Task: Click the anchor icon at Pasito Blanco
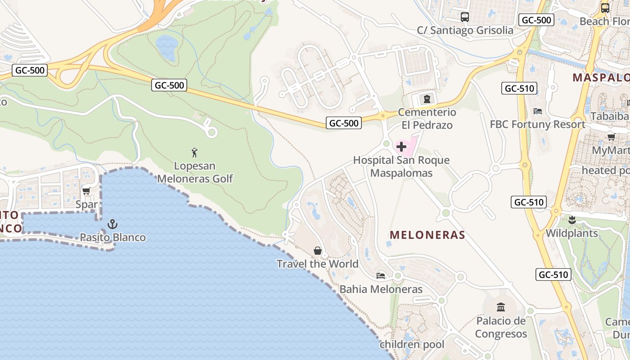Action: coord(112,224)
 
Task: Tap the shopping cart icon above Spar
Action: coord(86,191)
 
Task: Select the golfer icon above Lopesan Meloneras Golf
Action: coord(194,153)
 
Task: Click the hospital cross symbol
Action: coord(401,146)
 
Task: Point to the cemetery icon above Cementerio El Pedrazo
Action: coord(427,99)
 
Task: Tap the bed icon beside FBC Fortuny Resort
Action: coord(537,111)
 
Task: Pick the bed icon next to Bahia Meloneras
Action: coord(381,275)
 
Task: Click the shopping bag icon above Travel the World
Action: coord(318,250)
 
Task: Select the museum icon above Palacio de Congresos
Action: coord(501,307)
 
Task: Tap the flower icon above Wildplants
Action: coord(572,220)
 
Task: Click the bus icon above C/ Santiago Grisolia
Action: coord(465,17)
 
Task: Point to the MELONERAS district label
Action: coord(427,235)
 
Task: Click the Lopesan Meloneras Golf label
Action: coord(195,172)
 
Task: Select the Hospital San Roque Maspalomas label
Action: coord(401,166)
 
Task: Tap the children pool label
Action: coord(412,345)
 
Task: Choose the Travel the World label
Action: coord(318,264)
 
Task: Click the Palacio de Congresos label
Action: coord(501,328)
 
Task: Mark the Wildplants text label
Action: coord(571,233)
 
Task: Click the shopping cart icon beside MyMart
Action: coord(611,136)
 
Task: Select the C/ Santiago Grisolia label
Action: coord(465,30)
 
